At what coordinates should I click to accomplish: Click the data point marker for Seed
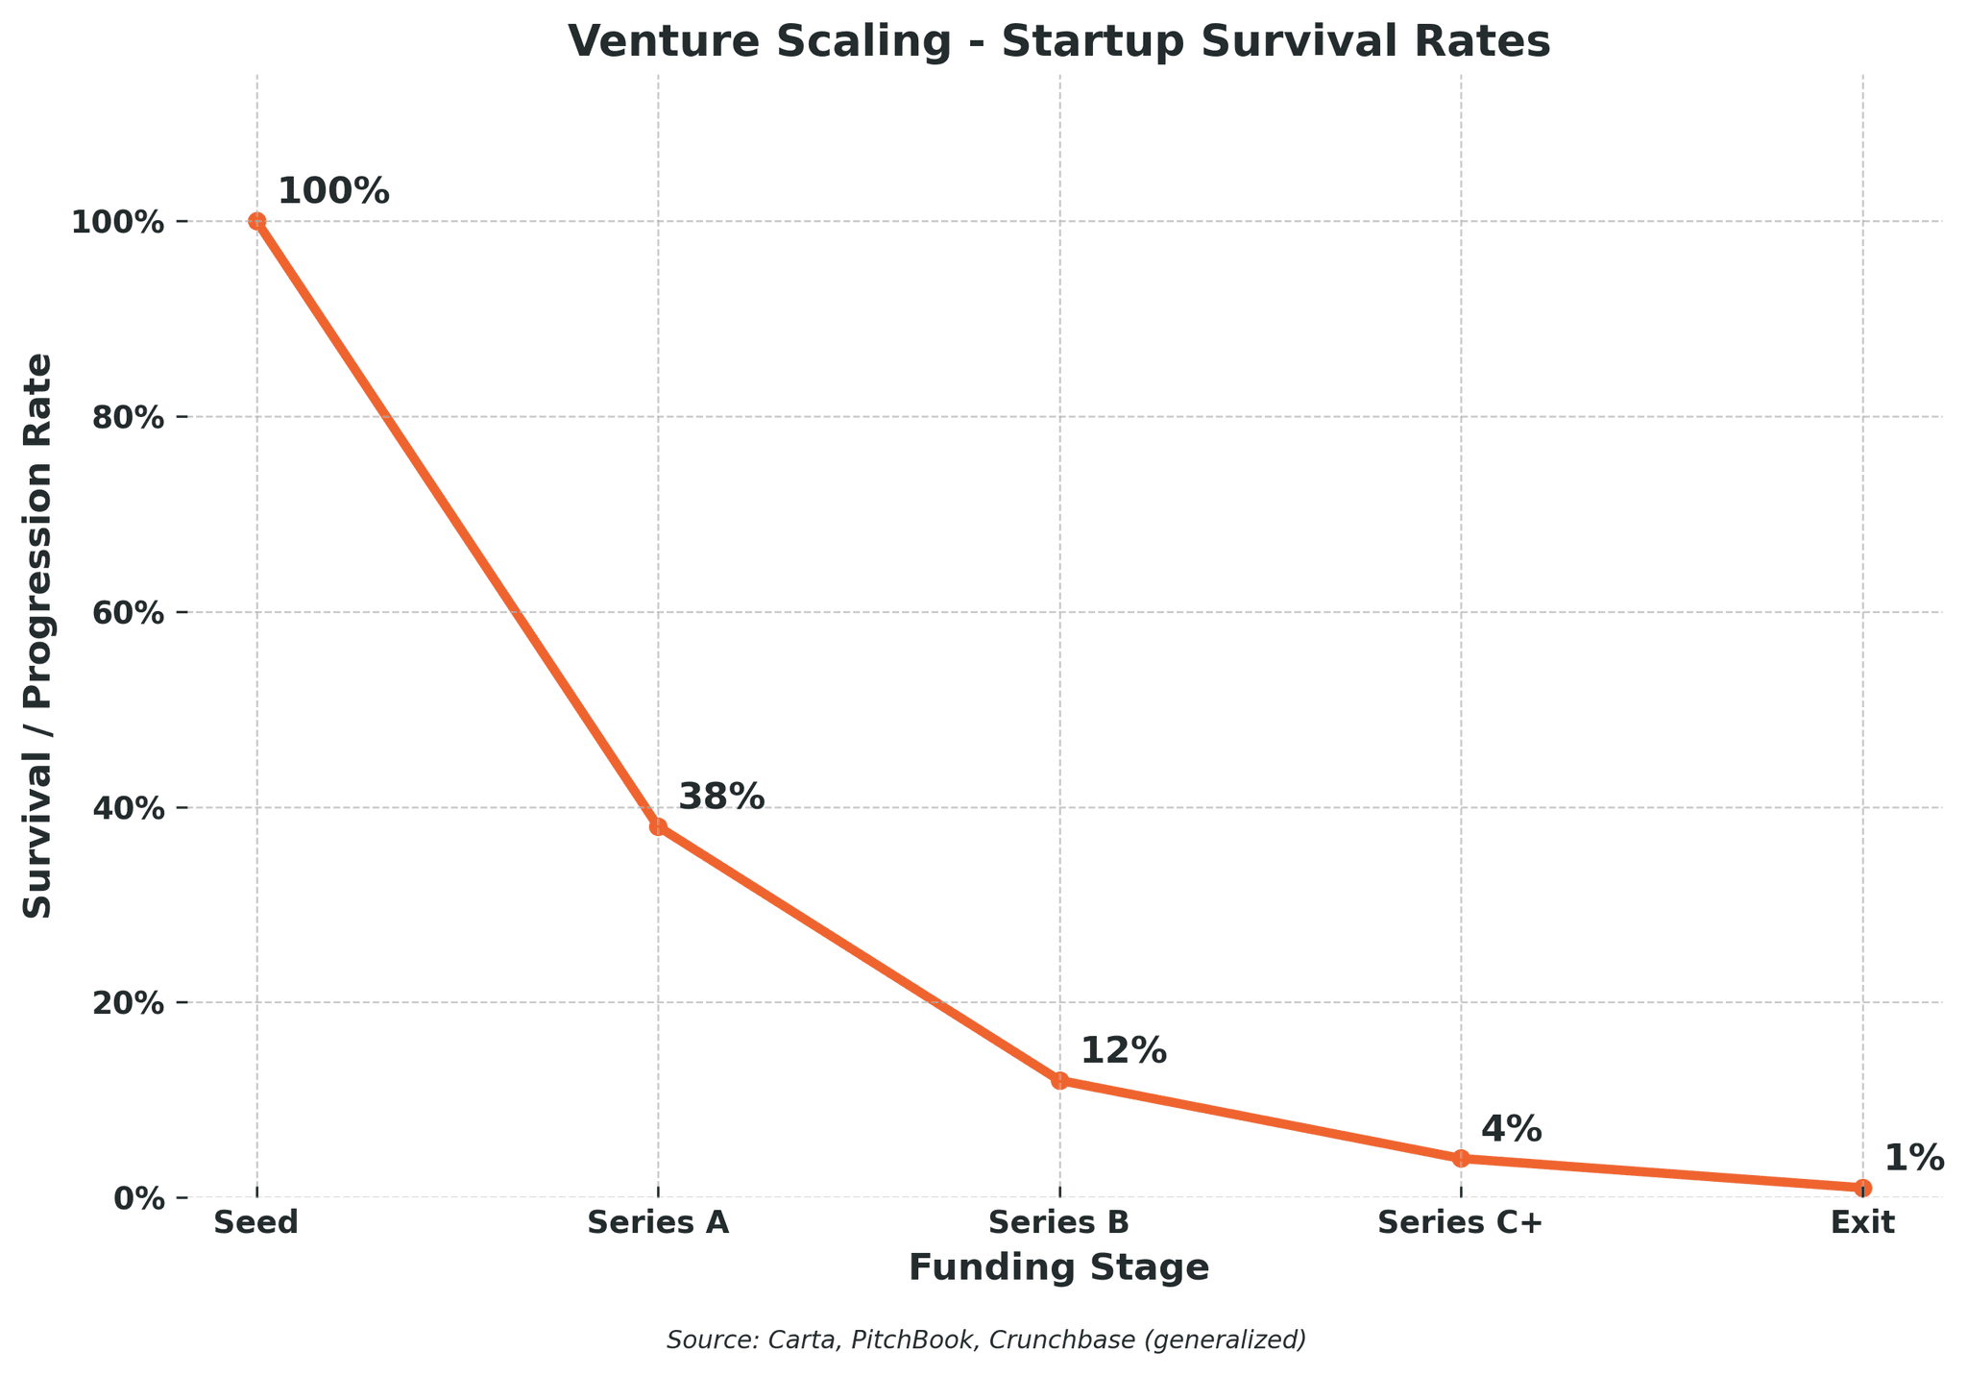point(256,221)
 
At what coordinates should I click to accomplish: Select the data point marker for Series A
point(658,826)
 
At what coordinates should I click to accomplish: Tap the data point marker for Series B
point(1059,1080)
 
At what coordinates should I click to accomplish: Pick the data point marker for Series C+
point(1461,1158)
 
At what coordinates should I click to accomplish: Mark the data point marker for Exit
point(1862,1188)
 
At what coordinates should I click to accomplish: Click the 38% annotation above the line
point(721,797)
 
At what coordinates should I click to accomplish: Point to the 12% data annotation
point(1124,1051)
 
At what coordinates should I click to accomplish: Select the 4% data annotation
point(1512,1129)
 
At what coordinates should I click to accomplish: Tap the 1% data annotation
point(1914,1159)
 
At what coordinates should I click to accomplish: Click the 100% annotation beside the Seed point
point(333,191)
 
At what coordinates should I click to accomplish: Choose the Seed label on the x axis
point(256,1223)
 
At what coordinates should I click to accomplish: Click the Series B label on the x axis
point(1059,1223)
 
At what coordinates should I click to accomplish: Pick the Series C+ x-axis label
point(1461,1223)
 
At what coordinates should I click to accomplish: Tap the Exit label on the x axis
point(1862,1223)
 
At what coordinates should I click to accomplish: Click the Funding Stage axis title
point(1059,1268)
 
